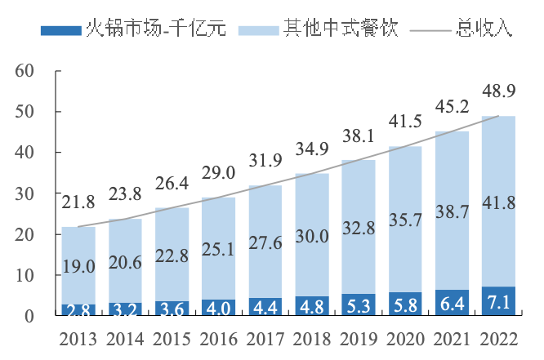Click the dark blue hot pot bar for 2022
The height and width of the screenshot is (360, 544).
498,301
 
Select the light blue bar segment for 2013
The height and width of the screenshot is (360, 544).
78,245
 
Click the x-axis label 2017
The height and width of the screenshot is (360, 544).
265,339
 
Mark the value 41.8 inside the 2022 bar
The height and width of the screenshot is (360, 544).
498,202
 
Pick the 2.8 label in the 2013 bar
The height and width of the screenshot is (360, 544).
78,309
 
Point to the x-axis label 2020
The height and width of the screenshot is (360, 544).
404,339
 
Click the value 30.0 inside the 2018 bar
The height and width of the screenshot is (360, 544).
311,236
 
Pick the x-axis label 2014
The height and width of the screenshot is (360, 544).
125,339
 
